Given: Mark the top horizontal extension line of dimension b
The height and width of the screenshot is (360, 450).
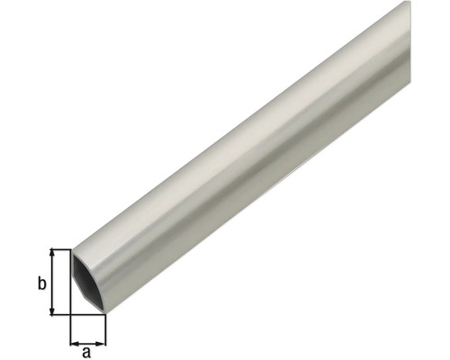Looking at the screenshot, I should tap(61, 249).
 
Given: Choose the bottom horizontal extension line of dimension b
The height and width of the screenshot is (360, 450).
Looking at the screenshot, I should tap(61, 314).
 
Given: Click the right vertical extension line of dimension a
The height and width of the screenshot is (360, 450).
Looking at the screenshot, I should tap(106, 331).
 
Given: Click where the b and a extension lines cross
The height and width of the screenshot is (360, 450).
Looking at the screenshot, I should tap(70, 314).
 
